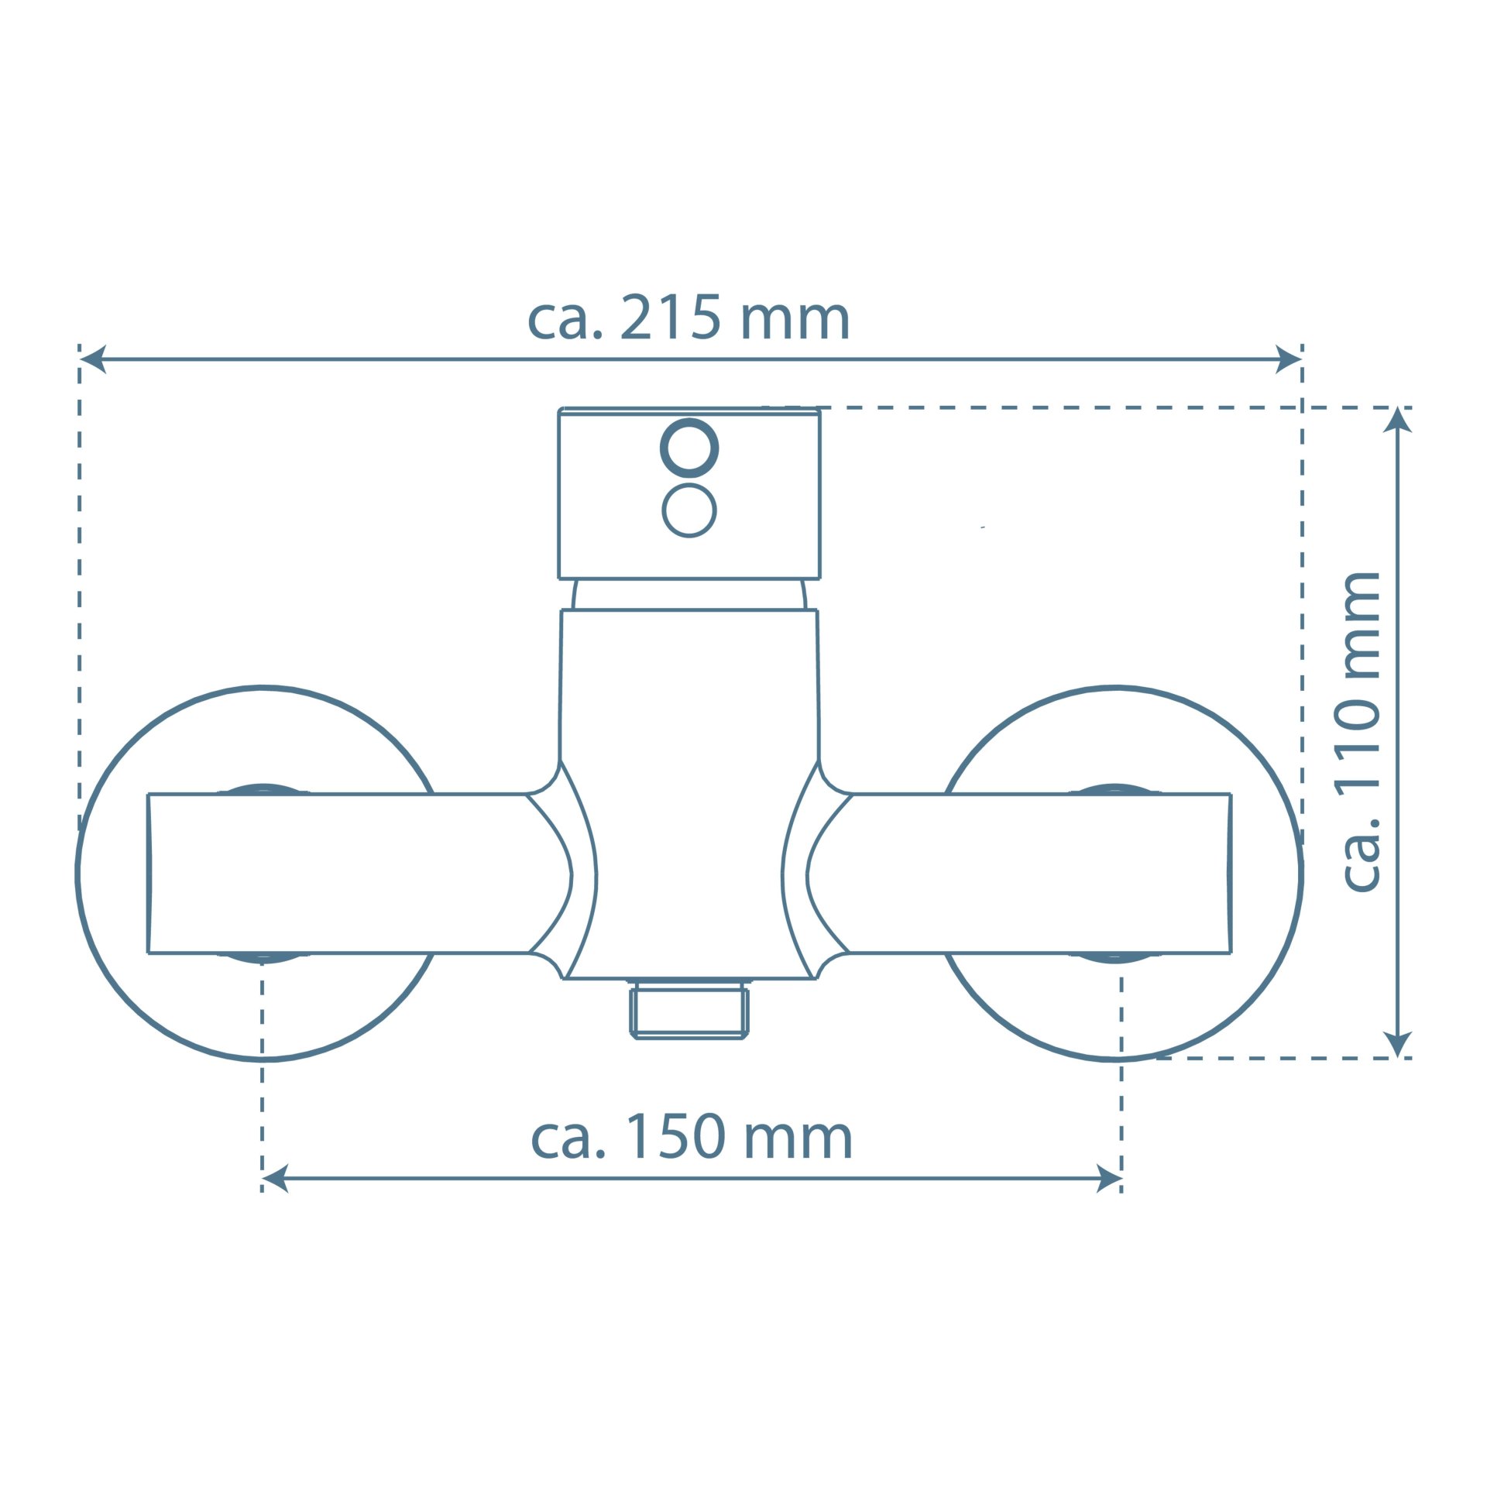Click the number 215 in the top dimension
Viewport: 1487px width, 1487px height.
pyautogui.click(x=671, y=318)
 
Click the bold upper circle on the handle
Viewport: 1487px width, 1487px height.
pyautogui.click(x=689, y=448)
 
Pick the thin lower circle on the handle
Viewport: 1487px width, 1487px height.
pyautogui.click(x=689, y=510)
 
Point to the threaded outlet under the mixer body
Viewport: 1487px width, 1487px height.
pyautogui.click(x=689, y=1009)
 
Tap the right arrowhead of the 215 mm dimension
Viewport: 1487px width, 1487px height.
pyautogui.click(x=1289, y=359)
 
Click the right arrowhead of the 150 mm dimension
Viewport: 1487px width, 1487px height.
pyautogui.click(x=1109, y=1179)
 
